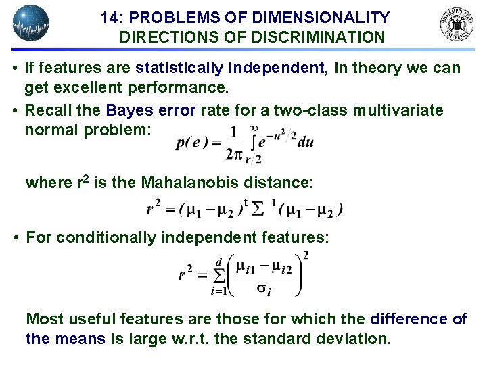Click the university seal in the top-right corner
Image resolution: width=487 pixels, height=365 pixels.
tap(457, 24)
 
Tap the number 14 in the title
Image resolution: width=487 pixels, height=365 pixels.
tap(110, 18)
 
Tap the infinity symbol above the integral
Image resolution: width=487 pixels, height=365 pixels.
tap(253, 128)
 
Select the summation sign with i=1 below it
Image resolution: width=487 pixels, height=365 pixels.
tap(218, 276)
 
